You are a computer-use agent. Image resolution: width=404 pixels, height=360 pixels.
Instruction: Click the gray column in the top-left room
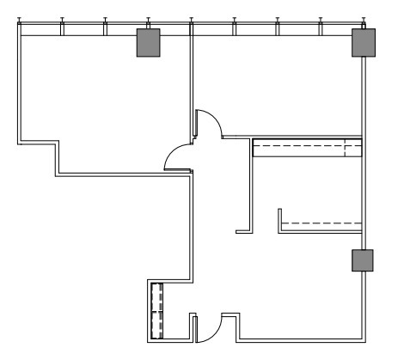coord(149,43)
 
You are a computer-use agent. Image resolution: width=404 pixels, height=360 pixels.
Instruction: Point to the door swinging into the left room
coord(175,156)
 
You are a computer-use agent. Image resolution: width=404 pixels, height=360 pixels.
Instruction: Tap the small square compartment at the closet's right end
coord(352,149)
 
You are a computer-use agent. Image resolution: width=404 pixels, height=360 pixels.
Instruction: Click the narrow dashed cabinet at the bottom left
coord(156,310)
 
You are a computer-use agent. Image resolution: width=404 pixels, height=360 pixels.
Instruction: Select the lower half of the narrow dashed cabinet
coord(156,324)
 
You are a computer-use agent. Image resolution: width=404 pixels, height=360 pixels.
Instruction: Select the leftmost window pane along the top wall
coord(40,30)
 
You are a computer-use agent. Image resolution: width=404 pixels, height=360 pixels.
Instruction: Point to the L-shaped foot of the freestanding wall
coord(242,230)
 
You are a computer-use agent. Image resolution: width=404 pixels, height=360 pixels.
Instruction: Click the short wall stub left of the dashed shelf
coord(279,219)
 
